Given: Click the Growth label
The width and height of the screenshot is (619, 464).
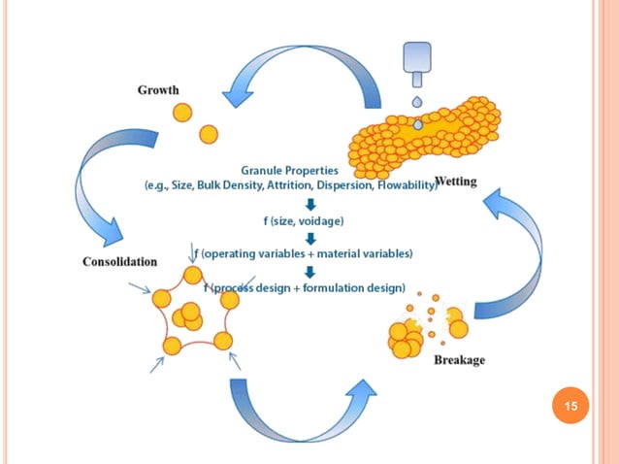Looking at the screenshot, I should tap(158, 90).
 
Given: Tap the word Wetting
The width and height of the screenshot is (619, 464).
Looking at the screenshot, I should tap(456, 182).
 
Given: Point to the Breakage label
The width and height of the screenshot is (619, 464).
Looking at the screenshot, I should tap(458, 360).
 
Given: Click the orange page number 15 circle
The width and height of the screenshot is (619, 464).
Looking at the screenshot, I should tap(571, 406).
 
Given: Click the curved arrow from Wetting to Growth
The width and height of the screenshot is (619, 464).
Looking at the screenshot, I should tap(310, 73).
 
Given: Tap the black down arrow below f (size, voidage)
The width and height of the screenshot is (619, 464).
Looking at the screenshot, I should tap(309, 238).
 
